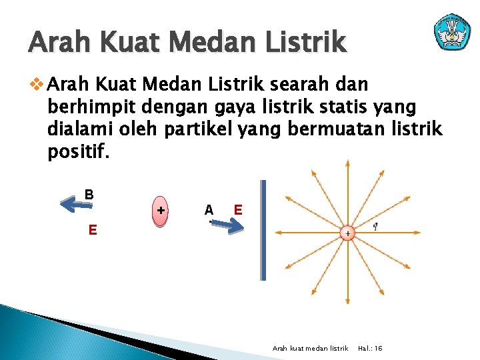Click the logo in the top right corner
(x=452, y=31)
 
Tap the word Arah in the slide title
(x=61, y=43)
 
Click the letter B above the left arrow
(x=89, y=195)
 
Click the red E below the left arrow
(x=93, y=231)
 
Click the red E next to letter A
(x=237, y=210)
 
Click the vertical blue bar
(x=263, y=230)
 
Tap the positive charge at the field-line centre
(x=347, y=233)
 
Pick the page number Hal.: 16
(x=370, y=349)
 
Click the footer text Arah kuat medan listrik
(x=311, y=349)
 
